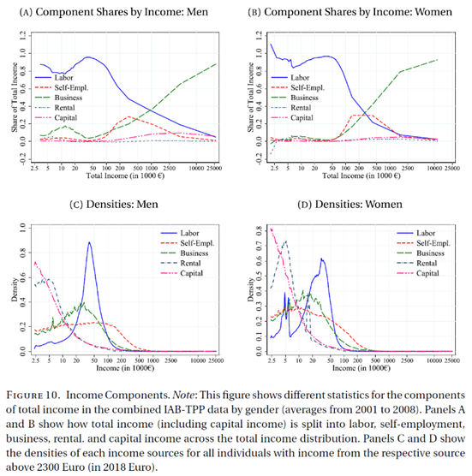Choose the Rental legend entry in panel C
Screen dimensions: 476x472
click(195, 263)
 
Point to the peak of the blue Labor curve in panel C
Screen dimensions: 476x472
click(89, 242)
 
